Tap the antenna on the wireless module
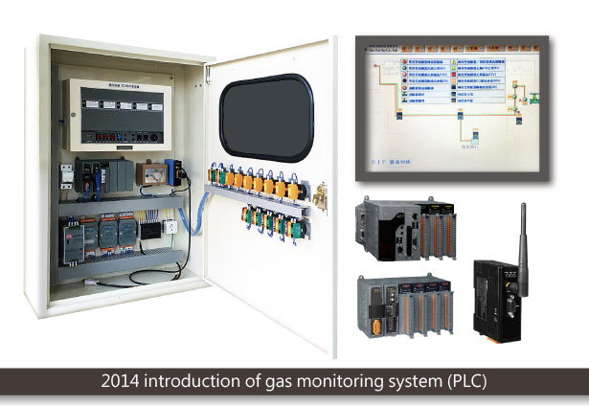tap(522, 230)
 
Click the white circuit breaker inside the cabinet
tap(67, 175)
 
